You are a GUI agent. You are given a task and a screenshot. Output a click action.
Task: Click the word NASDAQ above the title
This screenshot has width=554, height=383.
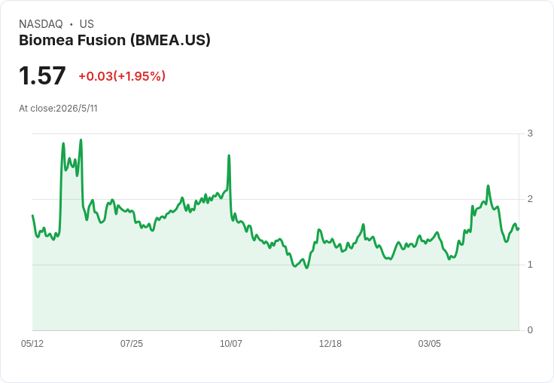pyautogui.click(x=41, y=24)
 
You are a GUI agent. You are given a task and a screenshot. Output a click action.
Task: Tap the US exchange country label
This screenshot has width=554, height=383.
pyautogui.click(x=87, y=24)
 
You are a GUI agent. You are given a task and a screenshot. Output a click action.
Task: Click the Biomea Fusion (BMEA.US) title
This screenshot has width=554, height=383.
pyautogui.click(x=114, y=41)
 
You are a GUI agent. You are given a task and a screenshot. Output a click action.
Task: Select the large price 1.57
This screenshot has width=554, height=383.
pyautogui.click(x=42, y=75)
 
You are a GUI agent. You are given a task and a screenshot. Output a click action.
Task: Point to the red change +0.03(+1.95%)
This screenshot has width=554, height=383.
pyautogui.click(x=122, y=76)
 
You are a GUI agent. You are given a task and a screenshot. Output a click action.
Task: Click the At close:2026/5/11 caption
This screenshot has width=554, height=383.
pyautogui.click(x=58, y=109)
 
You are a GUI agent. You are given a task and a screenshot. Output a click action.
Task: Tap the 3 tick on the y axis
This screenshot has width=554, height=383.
pyautogui.click(x=530, y=133)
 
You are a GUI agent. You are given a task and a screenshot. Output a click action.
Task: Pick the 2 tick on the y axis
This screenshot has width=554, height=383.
pyautogui.click(x=530, y=199)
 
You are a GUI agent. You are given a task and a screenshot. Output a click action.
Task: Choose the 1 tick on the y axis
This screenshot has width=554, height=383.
pyautogui.click(x=530, y=265)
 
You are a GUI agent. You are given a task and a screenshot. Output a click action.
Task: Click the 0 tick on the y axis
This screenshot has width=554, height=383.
pyautogui.click(x=530, y=330)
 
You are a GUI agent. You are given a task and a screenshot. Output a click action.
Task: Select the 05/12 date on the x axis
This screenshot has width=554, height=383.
pyautogui.click(x=32, y=343)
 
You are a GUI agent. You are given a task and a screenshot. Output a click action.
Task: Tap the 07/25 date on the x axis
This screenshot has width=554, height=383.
pyautogui.click(x=132, y=343)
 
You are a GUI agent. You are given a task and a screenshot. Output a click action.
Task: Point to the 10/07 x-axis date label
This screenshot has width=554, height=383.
pyautogui.click(x=231, y=343)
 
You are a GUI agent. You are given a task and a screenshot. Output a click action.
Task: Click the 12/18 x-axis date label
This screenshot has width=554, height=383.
pyautogui.click(x=330, y=343)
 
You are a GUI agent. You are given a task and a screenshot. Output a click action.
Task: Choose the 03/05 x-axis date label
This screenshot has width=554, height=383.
pyautogui.click(x=429, y=343)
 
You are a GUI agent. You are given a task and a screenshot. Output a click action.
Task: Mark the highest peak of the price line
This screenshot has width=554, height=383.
pyautogui.click(x=81, y=139)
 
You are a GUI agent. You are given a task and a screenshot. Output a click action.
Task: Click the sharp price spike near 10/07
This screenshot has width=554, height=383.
pyautogui.click(x=229, y=155)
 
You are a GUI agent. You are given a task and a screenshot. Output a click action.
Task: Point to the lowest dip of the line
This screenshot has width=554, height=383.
pyautogui.click(x=306, y=268)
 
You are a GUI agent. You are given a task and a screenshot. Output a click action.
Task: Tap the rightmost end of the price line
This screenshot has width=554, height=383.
pyautogui.click(x=519, y=229)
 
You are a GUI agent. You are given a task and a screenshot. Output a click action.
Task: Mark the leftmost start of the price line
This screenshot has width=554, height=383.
pyautogui.click(x=32, y=215)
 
